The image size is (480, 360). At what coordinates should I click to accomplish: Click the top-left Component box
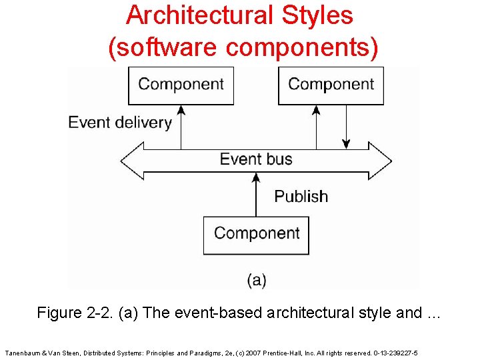[181, 85]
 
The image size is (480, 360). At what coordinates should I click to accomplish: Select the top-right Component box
[331, 85]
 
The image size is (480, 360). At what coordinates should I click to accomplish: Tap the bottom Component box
[257, 234]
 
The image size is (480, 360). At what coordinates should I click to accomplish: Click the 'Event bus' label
[256, 159]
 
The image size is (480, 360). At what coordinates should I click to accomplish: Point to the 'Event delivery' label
[120, 123]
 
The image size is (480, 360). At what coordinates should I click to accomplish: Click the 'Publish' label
[301, 197]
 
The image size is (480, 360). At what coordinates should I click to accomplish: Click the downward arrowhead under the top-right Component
[346, 143]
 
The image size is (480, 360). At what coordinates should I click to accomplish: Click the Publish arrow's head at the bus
[256, 177]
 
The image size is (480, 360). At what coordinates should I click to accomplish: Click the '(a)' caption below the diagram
[257, 280]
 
